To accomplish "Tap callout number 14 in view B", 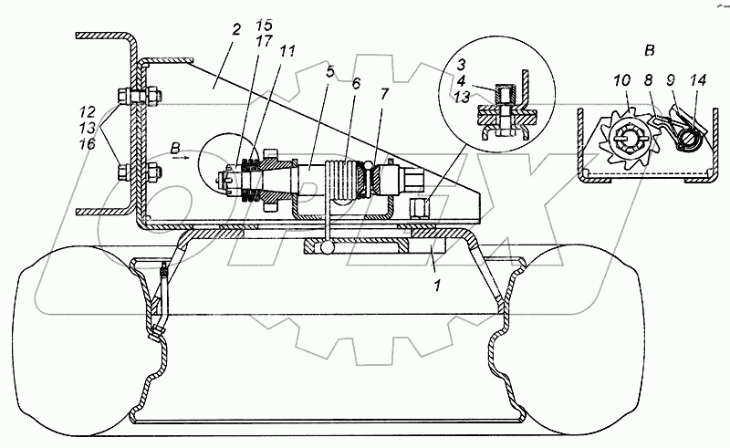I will [698, 81].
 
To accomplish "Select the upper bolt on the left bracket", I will [130, 97].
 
